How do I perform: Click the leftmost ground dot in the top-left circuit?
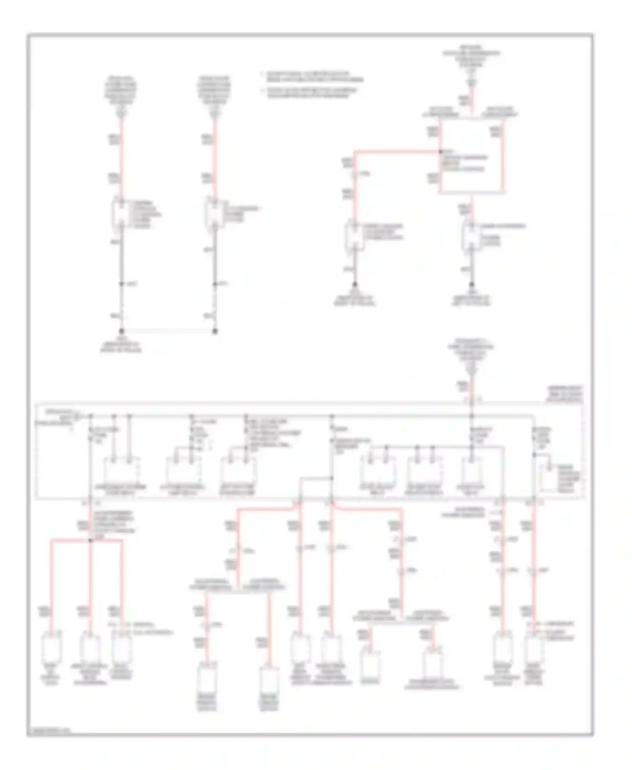(122, 331)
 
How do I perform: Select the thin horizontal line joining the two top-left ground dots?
(169, 331)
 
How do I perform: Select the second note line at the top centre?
(312, 93)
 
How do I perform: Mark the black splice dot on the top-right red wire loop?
(440, 151)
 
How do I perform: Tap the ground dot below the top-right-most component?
(471, 285)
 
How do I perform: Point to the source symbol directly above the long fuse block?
(471, 371)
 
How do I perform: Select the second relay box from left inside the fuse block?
(184, 471)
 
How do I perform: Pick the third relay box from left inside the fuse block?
(238, 471)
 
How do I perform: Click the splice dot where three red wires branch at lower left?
(90, 540)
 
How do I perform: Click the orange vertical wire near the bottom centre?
(269, 623)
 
